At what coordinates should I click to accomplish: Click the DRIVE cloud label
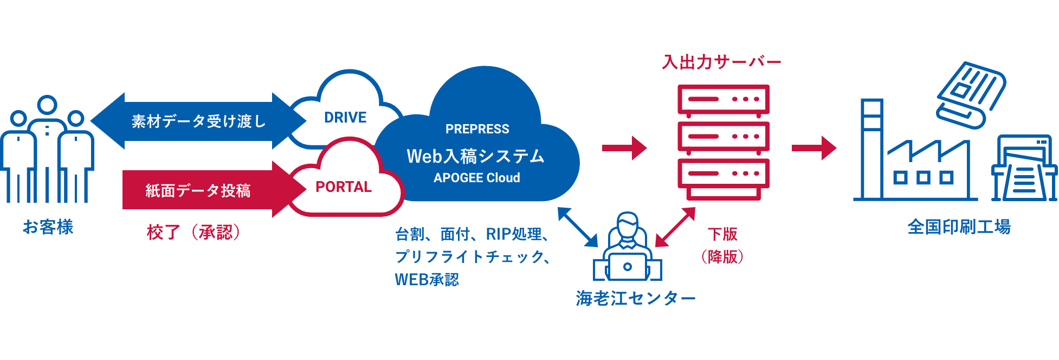[x=345, y=117]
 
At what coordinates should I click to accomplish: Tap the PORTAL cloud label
[x=344, y=187]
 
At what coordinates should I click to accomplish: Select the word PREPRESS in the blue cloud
[x=477, y=129]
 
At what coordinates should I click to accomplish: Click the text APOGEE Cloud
[x=476, y=178]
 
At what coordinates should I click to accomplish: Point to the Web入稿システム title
[x=475, y=156]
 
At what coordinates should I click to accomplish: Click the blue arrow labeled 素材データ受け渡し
[x=198, y=121]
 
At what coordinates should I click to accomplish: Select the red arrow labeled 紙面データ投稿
[x=198, y=190]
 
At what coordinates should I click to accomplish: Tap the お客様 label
[x=48, y=227]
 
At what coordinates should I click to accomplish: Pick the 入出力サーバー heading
[x=721, y=62]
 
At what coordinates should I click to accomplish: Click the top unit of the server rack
[x=724, y=100]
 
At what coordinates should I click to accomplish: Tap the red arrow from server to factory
[x=813, y=147]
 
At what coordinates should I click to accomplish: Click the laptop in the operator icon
[x=628, y=266]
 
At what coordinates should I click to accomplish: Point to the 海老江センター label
[x=635, y=298]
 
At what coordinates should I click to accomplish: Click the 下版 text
[x=722, y=234]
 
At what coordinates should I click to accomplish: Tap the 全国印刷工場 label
[x=959, y=227]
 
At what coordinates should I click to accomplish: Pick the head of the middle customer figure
[x=47, y=105]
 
